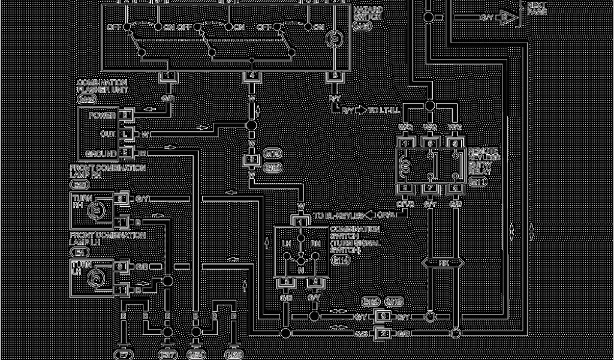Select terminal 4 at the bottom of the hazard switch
coord(252,76)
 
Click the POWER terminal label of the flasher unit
coord(103,115)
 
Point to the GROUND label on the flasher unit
coord(100,153)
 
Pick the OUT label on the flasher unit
coord(108,134)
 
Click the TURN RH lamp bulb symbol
coord(95,209)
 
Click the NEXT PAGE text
coord(536,8)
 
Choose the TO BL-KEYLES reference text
coord(338,215)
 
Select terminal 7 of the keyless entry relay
coord(430,188)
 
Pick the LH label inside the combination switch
coord(287,243)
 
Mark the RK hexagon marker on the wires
coord(443,262)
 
